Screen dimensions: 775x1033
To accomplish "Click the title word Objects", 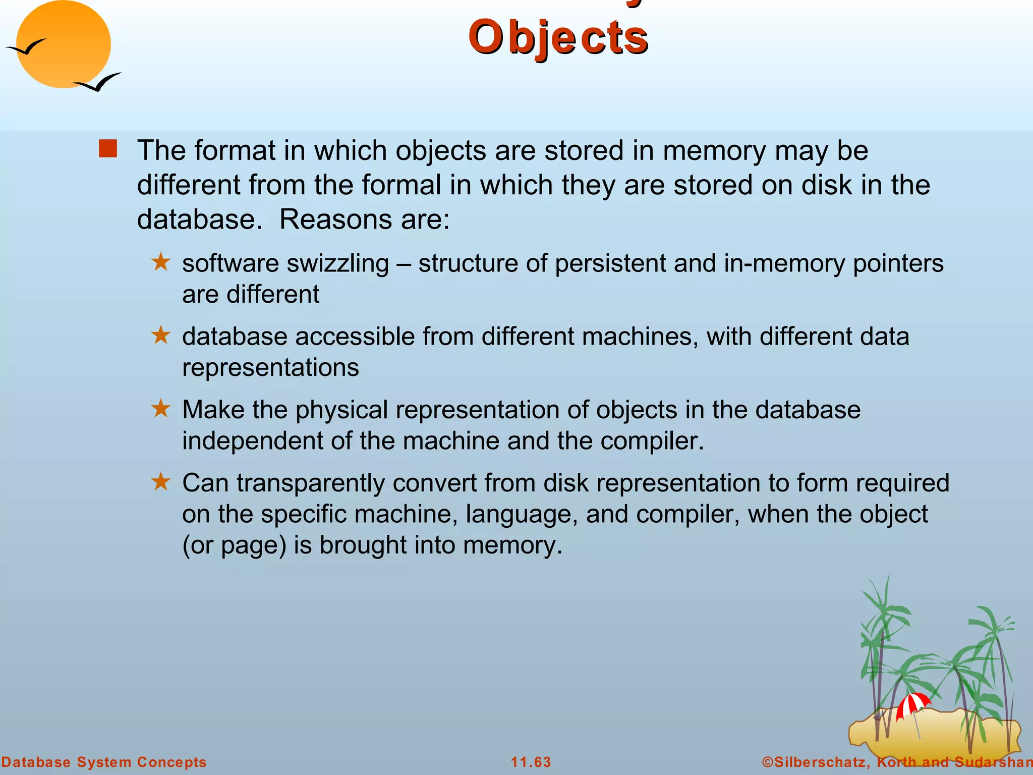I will pos(558,38).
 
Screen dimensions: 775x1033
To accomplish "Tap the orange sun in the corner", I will pos(63,44).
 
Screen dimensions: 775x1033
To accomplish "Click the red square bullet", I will pos(108,149).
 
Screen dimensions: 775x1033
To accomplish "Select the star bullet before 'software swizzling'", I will pos(161,262).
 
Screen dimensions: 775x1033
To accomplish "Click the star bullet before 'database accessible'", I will pos(161,336).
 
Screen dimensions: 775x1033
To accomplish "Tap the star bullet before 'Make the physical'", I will pos(161,409).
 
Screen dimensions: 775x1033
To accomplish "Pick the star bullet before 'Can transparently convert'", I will pos(161,482).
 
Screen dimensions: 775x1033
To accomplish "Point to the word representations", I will pos(270,367).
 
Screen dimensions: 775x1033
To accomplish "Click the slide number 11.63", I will pos(531,762).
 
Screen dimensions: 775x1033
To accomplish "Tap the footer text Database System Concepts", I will pos(104,762).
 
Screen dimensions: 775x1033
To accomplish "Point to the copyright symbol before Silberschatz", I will pos(767,762).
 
